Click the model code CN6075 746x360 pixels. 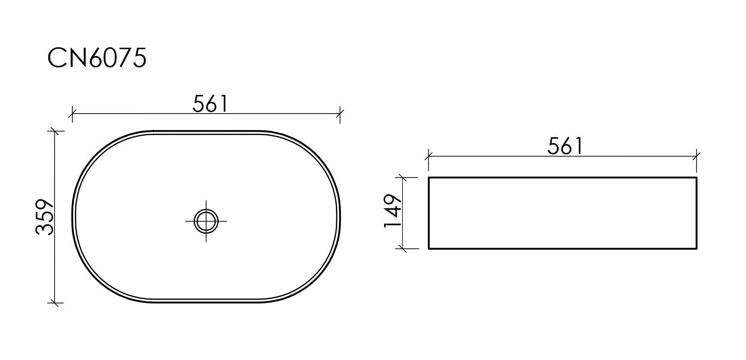pyautogui.click(x=97, y=58)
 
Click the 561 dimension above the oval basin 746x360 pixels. pyautogui.click(x=210, y=104)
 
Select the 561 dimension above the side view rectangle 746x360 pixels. pyautogui.click(x=565, y=146)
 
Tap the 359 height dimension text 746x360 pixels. pyautogui.click(x=44, y=217)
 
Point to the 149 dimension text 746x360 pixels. pyautogui.click(x=392, y=211)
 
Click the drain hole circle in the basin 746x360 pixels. pyautogui.click(x=206, y=221)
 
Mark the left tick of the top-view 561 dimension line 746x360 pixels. pyautogui.click(x=72, y=114)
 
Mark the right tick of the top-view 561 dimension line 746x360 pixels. pyautogui.click(x=340, y=114)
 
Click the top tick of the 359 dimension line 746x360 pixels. pyautogui.click(x=55, y=131)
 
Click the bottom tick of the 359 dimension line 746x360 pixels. pyautogui.click(x=55, y=303)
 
